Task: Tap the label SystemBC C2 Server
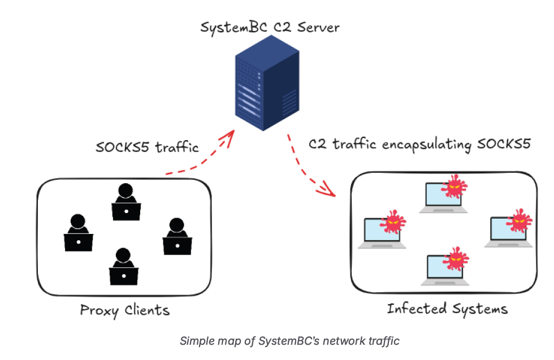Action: (x=270, y=26)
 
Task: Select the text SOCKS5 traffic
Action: (x=148, y=148)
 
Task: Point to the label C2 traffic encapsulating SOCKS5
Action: (x=419, y=144)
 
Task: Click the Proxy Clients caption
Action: (x=124, y=310)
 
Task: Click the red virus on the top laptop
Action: (x=455, y=186)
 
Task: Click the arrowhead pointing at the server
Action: (x=230, y=136)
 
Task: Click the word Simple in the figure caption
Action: (x=193, y=341)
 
